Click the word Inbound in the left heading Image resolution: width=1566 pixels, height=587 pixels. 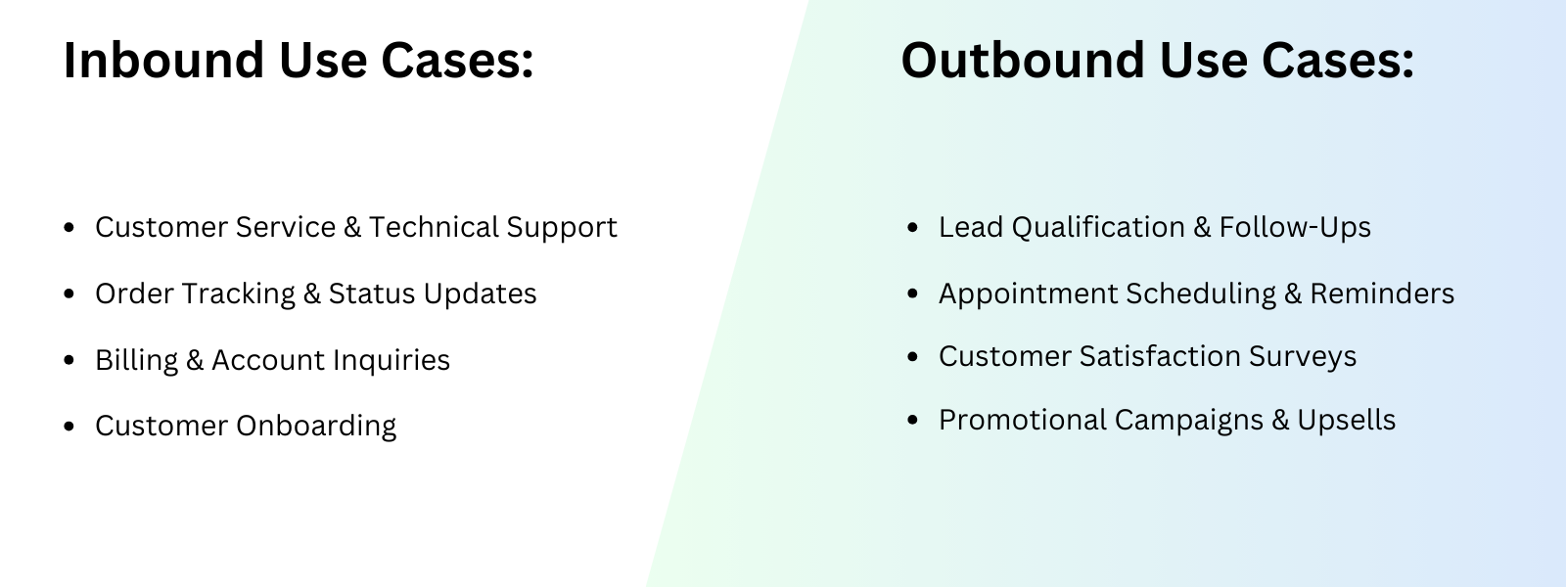(163, 60)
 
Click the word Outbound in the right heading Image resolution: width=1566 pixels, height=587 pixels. (1023, 60)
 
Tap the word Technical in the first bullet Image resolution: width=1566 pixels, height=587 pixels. (434, 227)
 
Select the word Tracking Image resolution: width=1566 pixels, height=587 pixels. (239, 293)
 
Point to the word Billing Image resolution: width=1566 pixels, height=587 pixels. (136, 360)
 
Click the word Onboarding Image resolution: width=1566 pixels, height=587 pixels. (316, 426)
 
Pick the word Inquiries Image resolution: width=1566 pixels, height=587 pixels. (391, 360)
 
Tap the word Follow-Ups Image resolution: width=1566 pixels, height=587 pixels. (1295, 227)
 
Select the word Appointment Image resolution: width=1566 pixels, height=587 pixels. (1028, 293)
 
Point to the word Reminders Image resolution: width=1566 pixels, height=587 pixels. (1382, 293)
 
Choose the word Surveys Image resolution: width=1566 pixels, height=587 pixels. (1303, 356)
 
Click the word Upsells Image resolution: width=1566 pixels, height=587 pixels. (1347, 420)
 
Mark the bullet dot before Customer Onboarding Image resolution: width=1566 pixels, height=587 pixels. (69, 426)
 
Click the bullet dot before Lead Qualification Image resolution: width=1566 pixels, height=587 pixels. (912, 227)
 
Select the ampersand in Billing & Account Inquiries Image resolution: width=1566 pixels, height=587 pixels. (195, 360)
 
